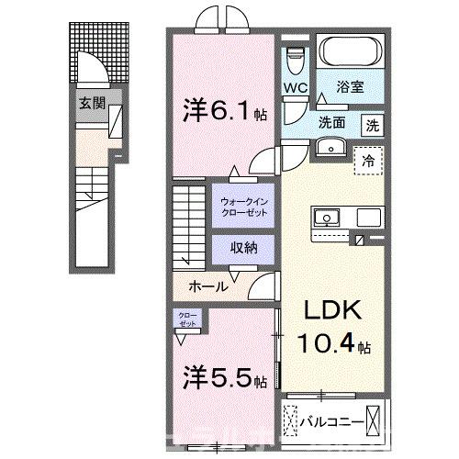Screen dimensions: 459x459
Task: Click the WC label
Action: [295, 89]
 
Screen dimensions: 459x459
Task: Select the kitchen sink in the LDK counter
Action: [326, 218]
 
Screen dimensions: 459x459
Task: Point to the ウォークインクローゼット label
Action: [241, 206]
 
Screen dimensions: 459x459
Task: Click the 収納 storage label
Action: [241, 248]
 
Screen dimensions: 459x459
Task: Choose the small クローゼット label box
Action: [186, 319]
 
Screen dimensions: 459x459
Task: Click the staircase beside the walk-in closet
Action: [189, 220]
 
